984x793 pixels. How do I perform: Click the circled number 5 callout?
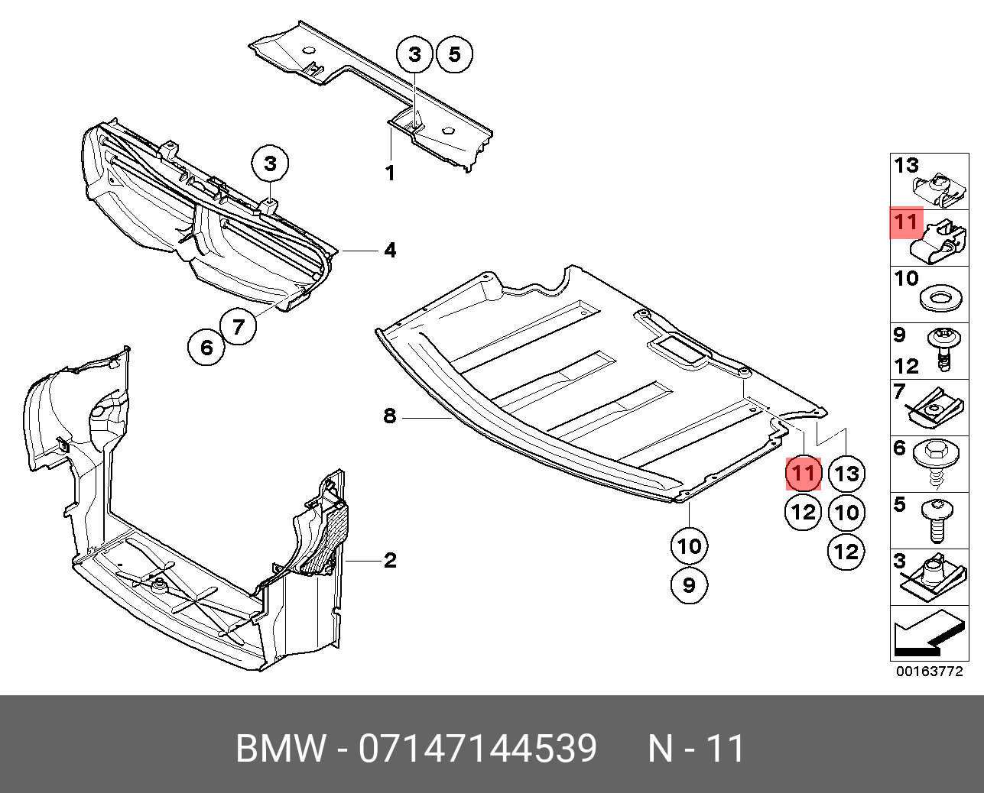click(454, 54)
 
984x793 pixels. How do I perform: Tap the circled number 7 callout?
click(239, 327)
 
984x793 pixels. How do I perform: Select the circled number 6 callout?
click(206, 348)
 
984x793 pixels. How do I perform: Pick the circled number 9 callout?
click(689, 585)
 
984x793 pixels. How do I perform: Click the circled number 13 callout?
click(846, 474)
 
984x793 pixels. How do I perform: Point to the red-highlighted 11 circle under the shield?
click(804, 474)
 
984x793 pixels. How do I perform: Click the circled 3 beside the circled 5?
click(414, 54)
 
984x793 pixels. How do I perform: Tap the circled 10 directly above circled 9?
click(689, 546)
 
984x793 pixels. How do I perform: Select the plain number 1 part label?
click(390, 173)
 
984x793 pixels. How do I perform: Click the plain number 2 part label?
click(390, 561)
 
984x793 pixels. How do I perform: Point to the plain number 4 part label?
click(390, 250)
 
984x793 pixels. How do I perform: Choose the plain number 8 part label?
click(390, 416)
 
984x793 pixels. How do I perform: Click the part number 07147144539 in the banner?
click(478, 749)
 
